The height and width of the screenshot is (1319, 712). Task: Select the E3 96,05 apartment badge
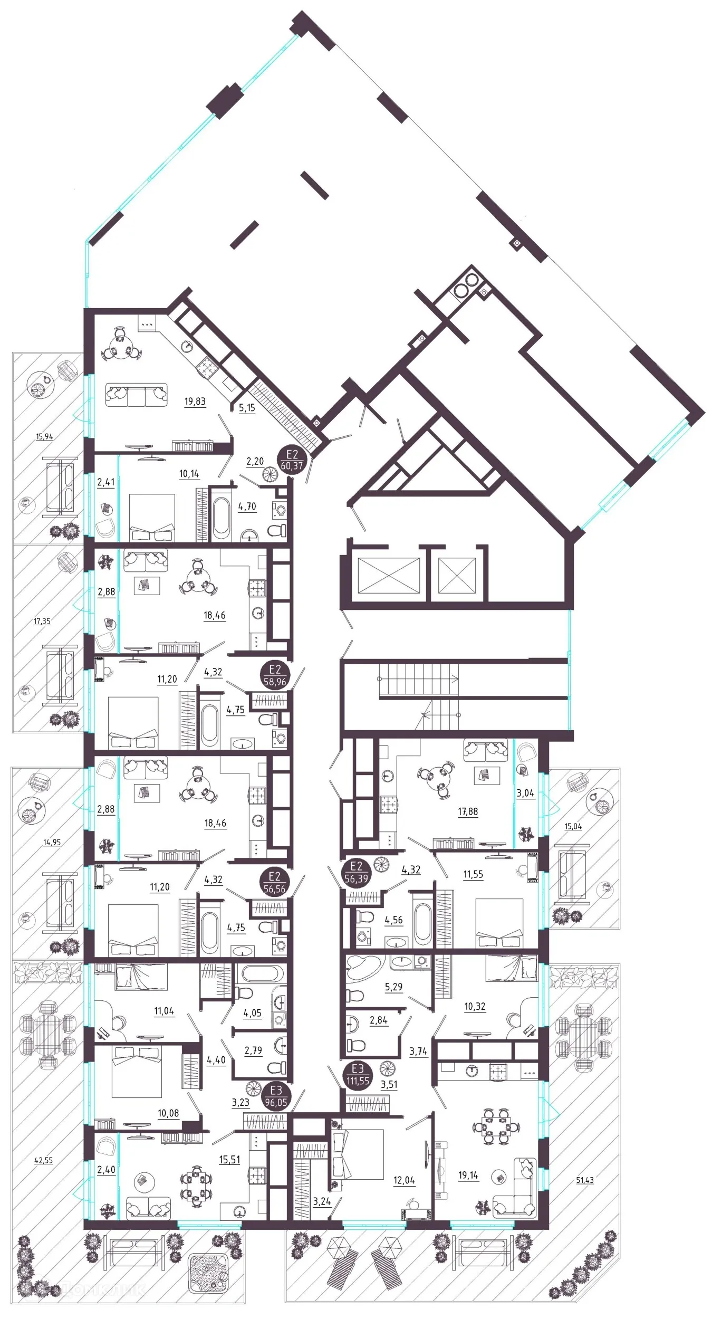[275, 1096]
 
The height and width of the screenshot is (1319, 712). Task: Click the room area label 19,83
[195, 402]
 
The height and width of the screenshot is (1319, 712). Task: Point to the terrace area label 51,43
[584, 1180]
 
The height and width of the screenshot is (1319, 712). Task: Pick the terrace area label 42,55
[43, 1160]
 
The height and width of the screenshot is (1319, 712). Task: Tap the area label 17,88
[468, 811]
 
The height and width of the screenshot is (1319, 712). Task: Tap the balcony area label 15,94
[44, 437]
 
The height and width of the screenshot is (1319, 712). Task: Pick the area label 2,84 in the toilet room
[378, 1020]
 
